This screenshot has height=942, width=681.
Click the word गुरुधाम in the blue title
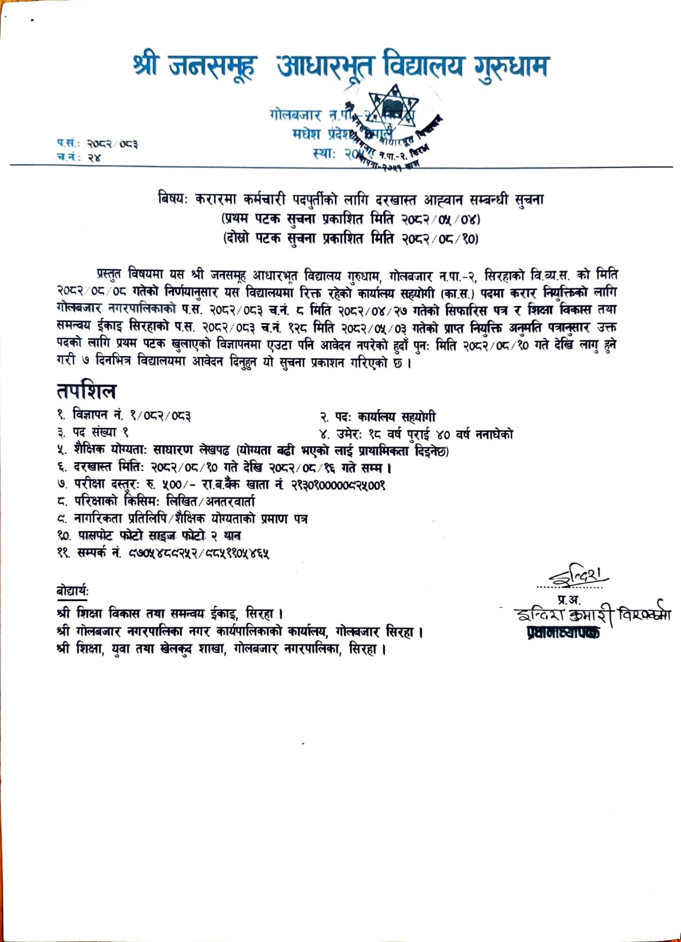coord(510,66)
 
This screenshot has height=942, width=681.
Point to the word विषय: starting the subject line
coord(172,200)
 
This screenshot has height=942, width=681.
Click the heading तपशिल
coord(87,391)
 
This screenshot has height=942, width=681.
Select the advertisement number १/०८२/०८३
coord(159,416)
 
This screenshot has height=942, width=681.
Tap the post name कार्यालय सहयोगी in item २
coord(396,417)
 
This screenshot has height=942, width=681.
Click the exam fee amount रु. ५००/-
coord(175,485)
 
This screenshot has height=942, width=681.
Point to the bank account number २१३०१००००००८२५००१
coord(338,485)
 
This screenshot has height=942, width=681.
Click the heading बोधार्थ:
coord(73,591)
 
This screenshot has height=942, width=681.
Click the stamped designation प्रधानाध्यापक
coord(564,633)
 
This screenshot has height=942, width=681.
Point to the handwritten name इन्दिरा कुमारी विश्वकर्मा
coord(592,616)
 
